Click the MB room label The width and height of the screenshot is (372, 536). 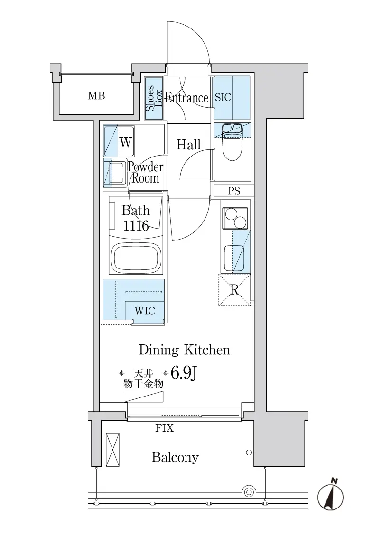96,96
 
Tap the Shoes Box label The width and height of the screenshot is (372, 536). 154,99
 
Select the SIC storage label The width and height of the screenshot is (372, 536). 223,97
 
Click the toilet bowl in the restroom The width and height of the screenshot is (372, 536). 232,144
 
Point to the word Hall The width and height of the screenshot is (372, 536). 188,145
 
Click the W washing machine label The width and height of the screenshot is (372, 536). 125,142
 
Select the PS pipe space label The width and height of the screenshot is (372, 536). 234,191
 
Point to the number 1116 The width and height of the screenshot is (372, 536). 136,226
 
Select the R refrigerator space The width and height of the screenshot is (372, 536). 234,290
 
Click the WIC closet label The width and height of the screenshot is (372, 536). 145,311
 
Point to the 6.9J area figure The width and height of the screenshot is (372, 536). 184,373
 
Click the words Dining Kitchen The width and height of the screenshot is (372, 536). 184,350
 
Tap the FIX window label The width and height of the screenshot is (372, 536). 165,428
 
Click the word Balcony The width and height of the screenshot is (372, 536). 175,457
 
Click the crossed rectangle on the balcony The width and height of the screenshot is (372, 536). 112,450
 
